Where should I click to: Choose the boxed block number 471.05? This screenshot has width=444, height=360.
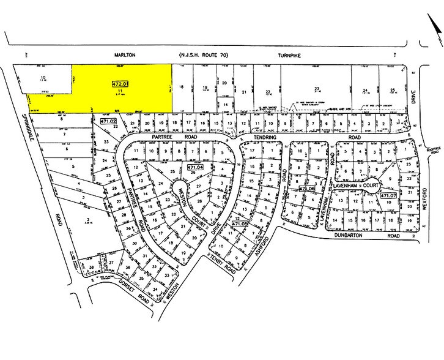coord(240,225)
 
